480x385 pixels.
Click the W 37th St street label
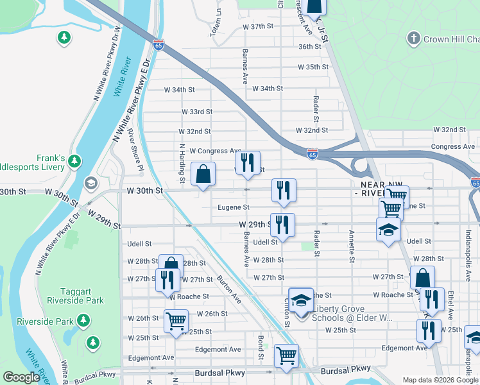259,27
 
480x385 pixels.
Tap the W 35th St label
313,67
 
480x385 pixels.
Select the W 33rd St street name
196,112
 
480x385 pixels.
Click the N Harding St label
182,165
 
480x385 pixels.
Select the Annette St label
352,246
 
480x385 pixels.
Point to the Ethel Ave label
450,305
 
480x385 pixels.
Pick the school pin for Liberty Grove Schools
300,300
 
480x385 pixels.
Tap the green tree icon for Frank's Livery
76,160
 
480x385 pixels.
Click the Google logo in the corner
21,377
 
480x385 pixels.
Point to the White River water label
123,78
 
